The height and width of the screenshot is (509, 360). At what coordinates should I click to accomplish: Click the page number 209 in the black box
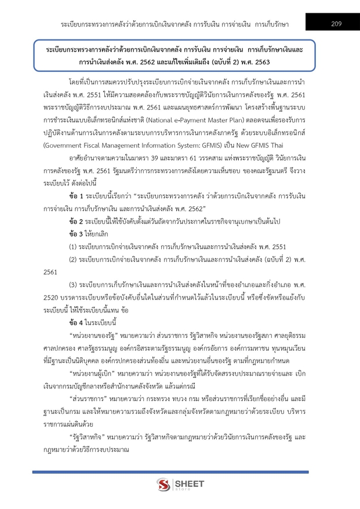pyautogui.click(x=337, y=23)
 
